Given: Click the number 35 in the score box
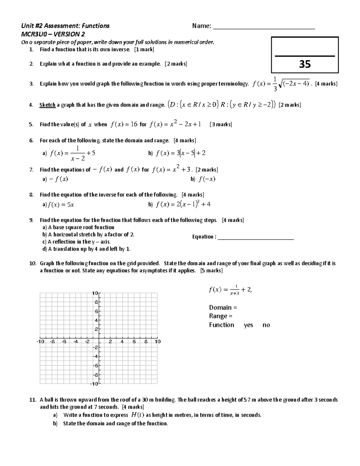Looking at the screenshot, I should tap(305, 64).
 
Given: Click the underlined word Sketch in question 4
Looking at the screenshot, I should tap(47, 105).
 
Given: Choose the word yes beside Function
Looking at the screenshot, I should tap(248, 325).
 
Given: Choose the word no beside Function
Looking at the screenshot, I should tap(266, 325).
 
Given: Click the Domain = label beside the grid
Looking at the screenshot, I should tap(223, 308).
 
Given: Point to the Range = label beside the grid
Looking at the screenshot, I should tap(220, 316).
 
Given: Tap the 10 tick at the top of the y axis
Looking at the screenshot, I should tap(95, 293).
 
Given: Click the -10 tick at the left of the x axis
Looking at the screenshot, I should tap(40, 341).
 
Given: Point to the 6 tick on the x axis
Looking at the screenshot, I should tap(134, 341).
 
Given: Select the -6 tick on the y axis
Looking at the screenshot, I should tap(95, 365).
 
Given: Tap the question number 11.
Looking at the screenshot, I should tap(32, 400).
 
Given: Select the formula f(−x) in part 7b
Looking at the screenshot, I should tap(207, 179).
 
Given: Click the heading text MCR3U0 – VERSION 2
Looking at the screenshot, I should tap(53, 34).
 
